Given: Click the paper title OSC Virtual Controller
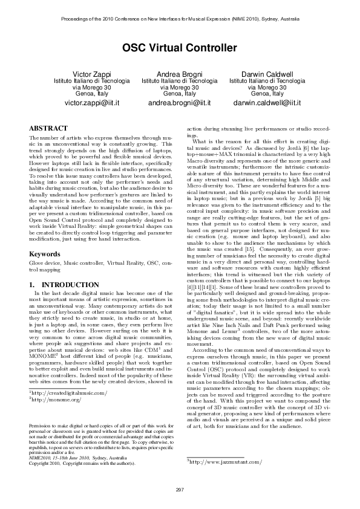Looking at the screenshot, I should pyautogui.click(x=180, y=47).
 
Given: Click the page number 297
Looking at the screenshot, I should pyautogui.click(x=180, y=488).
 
